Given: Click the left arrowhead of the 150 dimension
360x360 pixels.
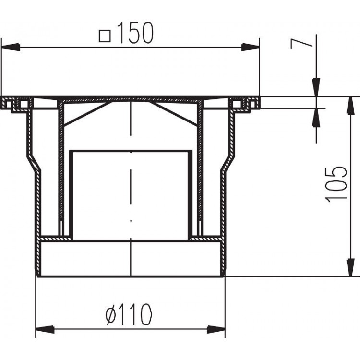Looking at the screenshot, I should [x=11, y=47].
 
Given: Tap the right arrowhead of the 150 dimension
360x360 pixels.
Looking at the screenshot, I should [x=250, y=47].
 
